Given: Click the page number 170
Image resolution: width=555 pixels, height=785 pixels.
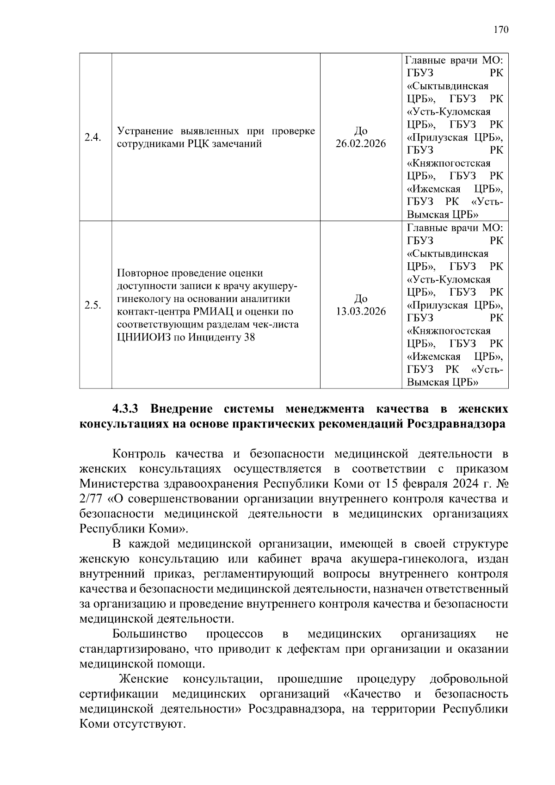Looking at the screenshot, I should pyautogui.click(x=500, y=30).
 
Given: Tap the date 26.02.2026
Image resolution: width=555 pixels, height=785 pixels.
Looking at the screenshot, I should pyautogui.click(x=360, y=144).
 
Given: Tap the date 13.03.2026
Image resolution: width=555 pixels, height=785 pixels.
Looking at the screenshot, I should pyautogui.click(x=360, y=311).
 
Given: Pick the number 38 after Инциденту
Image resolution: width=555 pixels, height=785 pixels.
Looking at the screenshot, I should pyautogui.click(x=249, y=338).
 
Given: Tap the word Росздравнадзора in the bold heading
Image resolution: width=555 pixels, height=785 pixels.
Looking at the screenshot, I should pyautogui.click(x=456, y=424).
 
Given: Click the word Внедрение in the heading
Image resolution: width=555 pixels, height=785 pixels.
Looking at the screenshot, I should pyautogui.click(x=181, y=409).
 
